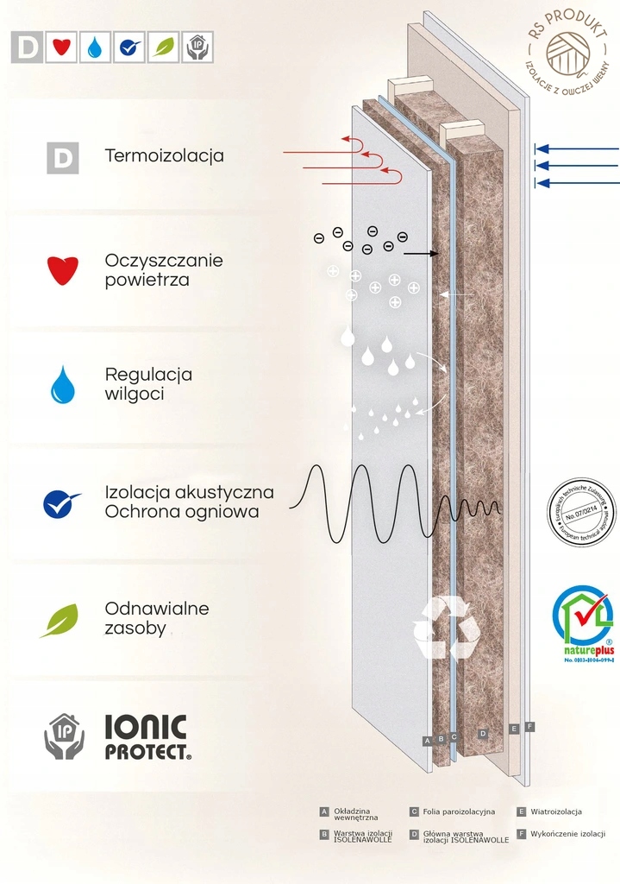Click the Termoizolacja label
point(164,156)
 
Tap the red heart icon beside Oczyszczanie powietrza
point(63,270)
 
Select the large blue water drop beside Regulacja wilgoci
point(63,385)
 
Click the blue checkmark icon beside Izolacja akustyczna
point(61,502)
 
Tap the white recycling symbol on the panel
point(446,627)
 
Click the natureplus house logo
point(583,618)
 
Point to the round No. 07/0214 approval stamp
point(581,512)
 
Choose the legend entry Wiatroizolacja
point(555,811)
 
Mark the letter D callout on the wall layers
point(483,733)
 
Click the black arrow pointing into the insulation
point(422,253)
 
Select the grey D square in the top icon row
point(27,47)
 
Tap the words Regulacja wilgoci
point(148,385)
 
